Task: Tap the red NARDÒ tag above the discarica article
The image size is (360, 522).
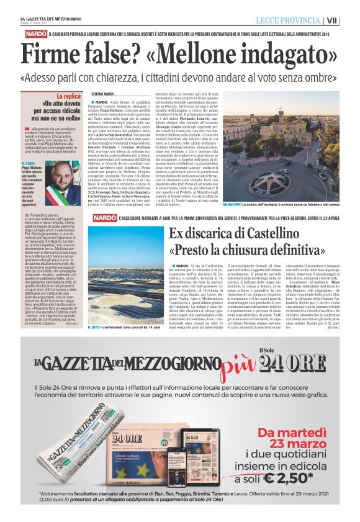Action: click(103, 218)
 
